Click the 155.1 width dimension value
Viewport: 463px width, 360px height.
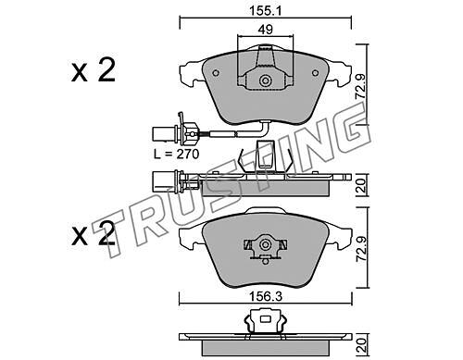pos(266,11)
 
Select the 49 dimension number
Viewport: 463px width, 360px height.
pos(266,30)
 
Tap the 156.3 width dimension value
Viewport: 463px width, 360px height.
pos(266,297)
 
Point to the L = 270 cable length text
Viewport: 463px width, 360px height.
pos(177,154)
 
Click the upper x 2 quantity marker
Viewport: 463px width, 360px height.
pos(94,70)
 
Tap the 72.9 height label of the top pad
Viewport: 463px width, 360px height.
pos(361,87)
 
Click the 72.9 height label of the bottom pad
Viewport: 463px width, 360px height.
pos(361,249)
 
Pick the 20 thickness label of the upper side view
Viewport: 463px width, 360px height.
pos(361,185)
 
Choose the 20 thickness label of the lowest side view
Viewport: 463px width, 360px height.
pos(361,345)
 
